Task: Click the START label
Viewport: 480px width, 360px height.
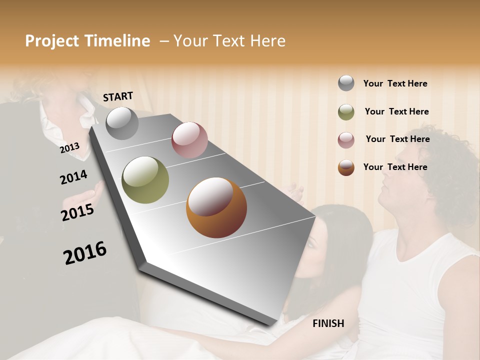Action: coord(118,96)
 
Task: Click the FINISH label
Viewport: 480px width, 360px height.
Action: coord(328,323)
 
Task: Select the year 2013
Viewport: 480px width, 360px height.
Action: coord(70,148)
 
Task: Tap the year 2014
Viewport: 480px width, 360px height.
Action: coord(73,177)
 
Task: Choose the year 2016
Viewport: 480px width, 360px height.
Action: coord(85,252)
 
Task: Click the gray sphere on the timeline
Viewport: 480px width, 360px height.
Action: coord(122,123)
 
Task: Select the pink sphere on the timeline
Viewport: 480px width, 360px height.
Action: coord(189,140)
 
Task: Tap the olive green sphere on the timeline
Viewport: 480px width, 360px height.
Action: coord(145,180)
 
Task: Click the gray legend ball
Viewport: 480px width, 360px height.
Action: coord(346,83)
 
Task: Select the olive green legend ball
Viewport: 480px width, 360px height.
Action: coord(346,112)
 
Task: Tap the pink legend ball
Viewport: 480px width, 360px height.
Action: coord(346,140)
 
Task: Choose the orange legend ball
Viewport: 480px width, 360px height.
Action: coord(346,167)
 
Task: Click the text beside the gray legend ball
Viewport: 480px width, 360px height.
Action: coord(395,83)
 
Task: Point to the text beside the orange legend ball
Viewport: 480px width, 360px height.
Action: coord(395,167)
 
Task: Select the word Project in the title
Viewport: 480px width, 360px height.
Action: coord(52,41)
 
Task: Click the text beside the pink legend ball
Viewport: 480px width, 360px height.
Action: coord(397,139)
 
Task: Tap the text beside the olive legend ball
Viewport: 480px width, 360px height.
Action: coord(396,111)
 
